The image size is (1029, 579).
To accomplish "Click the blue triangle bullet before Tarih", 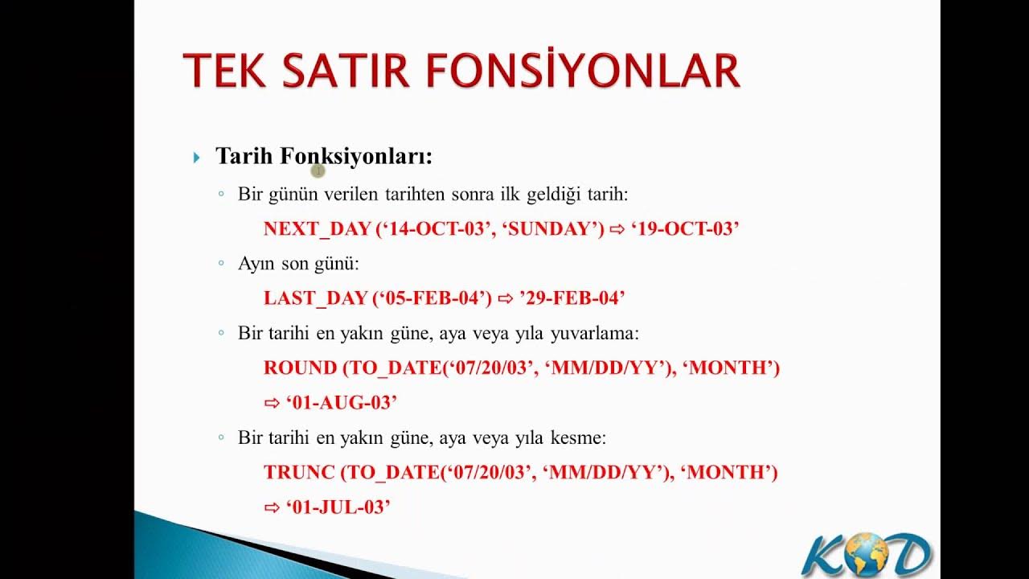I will pyautogui.click(x=197, y=158).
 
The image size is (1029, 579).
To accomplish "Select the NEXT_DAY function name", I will pyautogui.click(x=318, y=229).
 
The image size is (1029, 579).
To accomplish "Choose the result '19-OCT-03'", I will pyautogui.click(x=685, y=229).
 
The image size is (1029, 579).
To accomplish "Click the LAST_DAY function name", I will pyautogui.click(x=315, y=298).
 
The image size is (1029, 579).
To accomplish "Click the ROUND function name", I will pyautogui.click(x=300, y=368).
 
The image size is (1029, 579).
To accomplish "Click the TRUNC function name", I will pyautogui.click(x=299, y=472).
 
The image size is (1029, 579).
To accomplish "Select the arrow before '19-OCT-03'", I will pyautogui.click(x=617, y=230).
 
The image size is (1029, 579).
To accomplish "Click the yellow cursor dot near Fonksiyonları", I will pyautogui.click(x=318, y=170).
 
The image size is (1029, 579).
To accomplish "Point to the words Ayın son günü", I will pyautogui.click(x=297, y=264).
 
